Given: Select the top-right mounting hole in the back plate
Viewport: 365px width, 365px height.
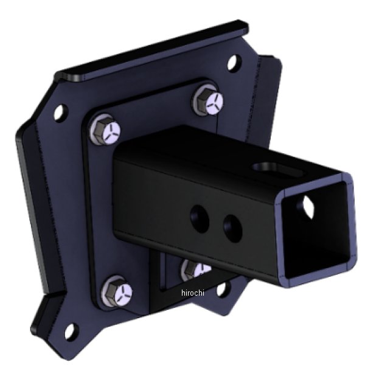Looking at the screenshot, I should click(x=232, y=63).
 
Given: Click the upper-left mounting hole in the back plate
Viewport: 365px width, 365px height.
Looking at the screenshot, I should click(x=59, y=112).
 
